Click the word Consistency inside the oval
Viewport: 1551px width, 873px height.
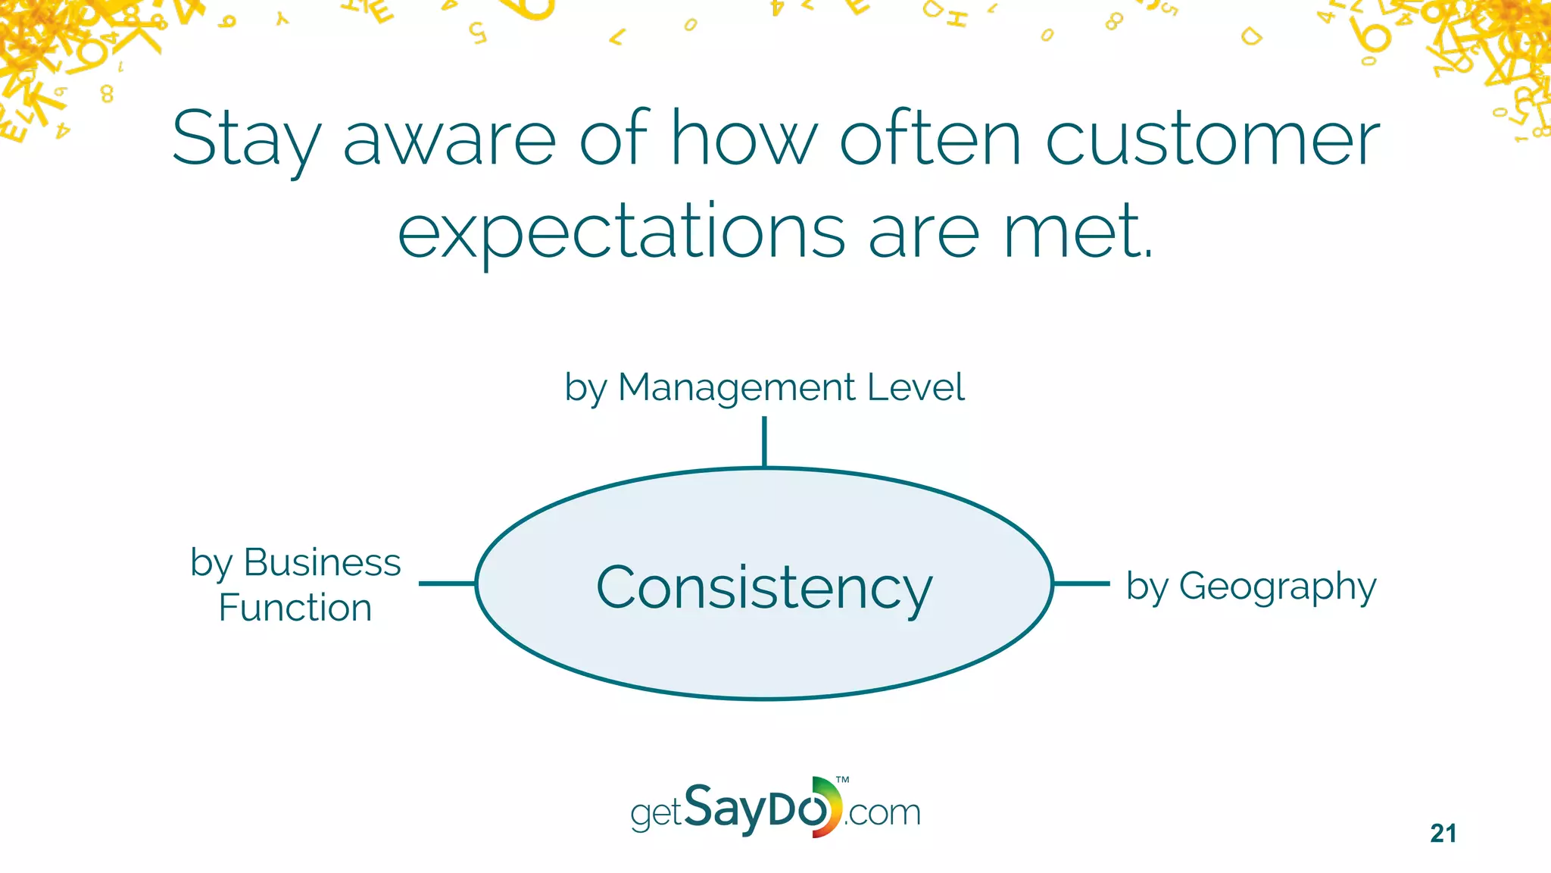(x=764, y=587)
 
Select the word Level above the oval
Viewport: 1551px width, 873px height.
(x=916, y=387)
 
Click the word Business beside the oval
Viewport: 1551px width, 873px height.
(x=322, y=562)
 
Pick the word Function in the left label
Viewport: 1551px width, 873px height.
(x=295, y=608)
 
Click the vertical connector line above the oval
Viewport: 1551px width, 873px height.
(x=764, y=441)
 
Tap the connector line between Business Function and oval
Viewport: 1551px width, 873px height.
(x=447, y=584)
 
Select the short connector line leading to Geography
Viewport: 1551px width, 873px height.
(x=1081, y=584)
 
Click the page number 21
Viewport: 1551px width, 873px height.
(x=1443, y=834)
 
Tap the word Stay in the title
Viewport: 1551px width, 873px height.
(x=245, y=141)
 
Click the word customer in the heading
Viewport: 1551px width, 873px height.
(x=1212, y=139)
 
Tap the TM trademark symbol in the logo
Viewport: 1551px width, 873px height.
(x=842, y=780)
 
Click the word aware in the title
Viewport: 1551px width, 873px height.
(x=450, y=139)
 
